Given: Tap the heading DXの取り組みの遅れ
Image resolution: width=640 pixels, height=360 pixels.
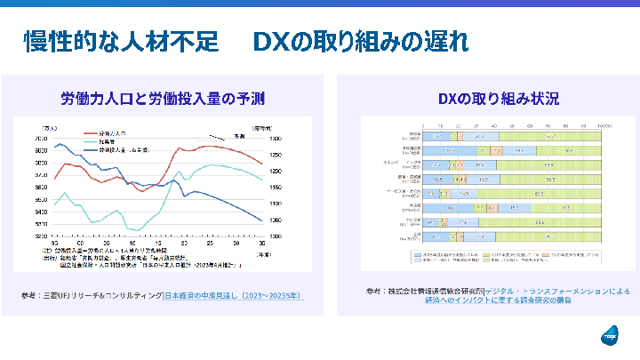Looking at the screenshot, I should pos(360,42).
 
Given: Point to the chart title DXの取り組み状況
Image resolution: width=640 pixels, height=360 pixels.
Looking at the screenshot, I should pos(486,97).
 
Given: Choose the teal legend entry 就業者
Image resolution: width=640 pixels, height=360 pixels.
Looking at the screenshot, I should pos(108,141).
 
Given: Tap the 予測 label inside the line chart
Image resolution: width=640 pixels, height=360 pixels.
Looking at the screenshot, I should pos(239,136).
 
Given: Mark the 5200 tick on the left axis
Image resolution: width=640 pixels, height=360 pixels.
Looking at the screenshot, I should pos(42,236).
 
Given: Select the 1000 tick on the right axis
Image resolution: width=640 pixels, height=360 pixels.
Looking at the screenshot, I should pos(275,236).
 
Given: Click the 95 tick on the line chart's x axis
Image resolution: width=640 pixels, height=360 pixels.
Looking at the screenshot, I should pos(55,244).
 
